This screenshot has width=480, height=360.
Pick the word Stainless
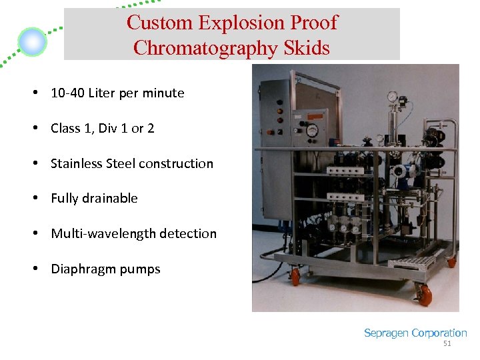[77, 163]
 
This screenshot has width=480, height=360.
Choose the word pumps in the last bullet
[140, 270]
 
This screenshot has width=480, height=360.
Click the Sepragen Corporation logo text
[415, 333]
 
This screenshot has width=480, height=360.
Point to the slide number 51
[447, 344]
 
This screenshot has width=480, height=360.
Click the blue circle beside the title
[32, 43]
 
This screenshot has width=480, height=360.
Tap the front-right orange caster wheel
[424, 294]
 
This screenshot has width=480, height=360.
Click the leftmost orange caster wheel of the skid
[295, 275]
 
